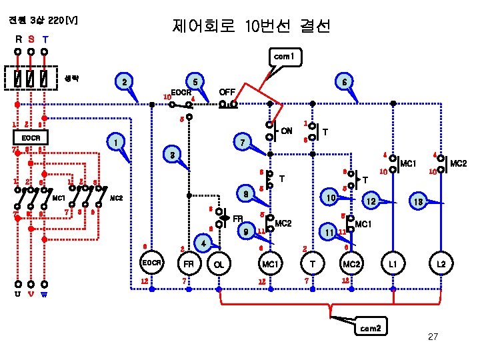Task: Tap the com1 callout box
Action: click(284, 58)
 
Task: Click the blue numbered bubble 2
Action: click(123, 82)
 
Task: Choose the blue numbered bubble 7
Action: click(243, 143)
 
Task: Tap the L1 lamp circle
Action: click(393, 265)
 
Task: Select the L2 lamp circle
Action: click(441, 265)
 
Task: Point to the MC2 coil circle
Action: click(351, 265)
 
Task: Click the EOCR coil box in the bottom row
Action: click(152, 263)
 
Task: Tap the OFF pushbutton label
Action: click(229, 91)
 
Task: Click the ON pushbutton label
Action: click(286, 130)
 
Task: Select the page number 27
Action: click(433, 337)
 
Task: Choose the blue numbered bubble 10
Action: click(329, 199)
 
